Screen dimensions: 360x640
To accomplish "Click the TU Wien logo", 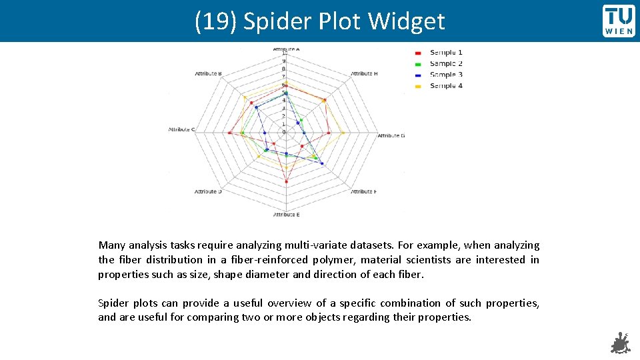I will pos(619,21).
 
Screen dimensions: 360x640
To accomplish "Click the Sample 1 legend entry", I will pos(445,52).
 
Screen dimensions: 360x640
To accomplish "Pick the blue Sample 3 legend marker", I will pos(418,75).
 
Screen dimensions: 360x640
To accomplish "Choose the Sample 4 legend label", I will pos(445,86).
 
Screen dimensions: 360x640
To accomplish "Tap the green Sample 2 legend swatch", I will pos(418,64).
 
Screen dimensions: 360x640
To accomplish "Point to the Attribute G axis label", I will pos(391,136).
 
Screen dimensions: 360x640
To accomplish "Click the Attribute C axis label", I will pos(181,129).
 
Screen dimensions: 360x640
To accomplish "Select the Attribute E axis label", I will pos(286,215).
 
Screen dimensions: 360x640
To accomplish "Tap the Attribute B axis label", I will pos(208,73).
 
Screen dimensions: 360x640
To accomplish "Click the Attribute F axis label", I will pos(363,192).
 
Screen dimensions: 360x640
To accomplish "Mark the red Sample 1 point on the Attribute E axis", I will pos(286,181).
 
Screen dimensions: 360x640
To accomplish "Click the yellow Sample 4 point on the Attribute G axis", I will pos(343,133).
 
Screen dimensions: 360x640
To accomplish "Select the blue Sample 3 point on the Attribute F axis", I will pos(322,163).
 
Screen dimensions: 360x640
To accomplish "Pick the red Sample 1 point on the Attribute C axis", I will pos(229,133).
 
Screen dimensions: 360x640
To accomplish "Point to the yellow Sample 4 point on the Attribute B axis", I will pos(245,98).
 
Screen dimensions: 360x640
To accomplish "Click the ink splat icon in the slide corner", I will pos(620,343).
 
